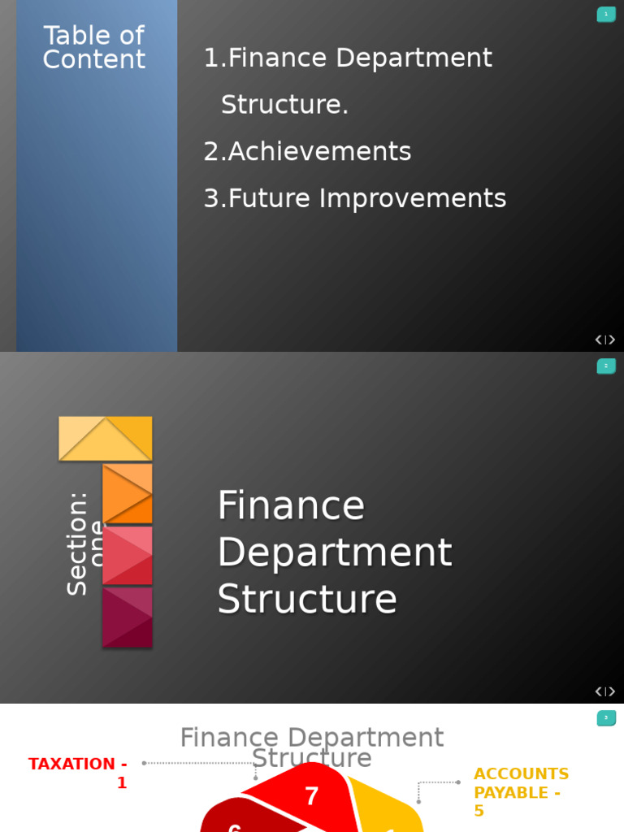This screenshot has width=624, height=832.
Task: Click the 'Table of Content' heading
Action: (93, 47)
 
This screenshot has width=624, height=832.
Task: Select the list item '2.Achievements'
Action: (307, 152)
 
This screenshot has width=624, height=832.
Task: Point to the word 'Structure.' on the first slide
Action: (284, 105)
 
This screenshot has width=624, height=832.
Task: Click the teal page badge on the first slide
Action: (606, 14)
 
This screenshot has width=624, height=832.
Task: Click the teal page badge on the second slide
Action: (606, 366)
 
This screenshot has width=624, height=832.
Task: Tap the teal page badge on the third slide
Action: (606, 718)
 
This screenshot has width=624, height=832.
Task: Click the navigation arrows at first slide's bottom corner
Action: (604, 340)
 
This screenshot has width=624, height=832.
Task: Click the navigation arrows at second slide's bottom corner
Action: (604, 691)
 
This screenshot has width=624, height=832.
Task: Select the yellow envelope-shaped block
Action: (106, 439)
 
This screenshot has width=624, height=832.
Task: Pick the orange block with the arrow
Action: (128, 493)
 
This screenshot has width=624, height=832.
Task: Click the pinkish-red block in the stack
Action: (128, 555)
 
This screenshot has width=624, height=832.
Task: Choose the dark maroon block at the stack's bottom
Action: (128, 617)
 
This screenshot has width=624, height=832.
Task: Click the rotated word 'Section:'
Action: (77, 543)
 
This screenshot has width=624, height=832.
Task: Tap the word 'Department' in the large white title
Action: (334, 552)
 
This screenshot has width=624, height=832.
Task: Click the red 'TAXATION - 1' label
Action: (79, 773)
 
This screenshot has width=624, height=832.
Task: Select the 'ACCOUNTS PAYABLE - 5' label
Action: (520, 792)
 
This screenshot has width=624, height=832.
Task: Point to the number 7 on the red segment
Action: (311, 796)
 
